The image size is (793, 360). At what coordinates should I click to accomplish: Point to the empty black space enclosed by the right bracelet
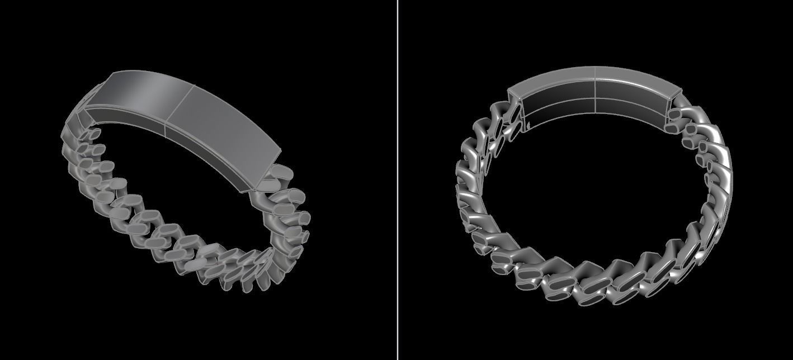[x=593, y=184]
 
